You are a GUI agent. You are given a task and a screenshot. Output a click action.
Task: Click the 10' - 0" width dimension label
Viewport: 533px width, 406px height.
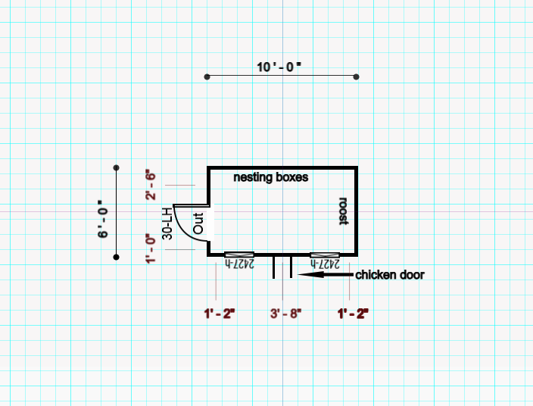pos(279,67)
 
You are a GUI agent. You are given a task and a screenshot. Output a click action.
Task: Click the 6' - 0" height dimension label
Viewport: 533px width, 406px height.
pos(103,220)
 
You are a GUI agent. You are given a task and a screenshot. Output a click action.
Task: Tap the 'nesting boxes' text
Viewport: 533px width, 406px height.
pos(270,177)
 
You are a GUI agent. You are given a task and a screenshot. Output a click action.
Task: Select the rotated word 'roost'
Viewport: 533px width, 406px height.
pos(343,211)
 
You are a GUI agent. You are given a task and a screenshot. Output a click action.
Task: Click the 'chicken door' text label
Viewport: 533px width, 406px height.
pos(390,275)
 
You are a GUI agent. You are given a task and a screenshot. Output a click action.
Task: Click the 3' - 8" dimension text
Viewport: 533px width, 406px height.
pos(285,313)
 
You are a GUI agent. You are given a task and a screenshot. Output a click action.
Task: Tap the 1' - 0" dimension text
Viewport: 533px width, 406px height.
pos(151,249)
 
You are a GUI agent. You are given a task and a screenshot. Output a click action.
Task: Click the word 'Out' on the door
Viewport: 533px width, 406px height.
pos(198,223)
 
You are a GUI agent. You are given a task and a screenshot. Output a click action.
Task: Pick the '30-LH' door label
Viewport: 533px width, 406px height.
pos(167,223)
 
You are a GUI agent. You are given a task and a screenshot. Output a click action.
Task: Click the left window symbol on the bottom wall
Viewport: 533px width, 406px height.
pos(240,255)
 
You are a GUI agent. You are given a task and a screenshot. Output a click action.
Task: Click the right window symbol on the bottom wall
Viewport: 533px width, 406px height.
pos(325,255)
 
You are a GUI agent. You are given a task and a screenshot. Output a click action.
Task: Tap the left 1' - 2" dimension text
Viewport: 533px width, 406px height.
pos(220,313)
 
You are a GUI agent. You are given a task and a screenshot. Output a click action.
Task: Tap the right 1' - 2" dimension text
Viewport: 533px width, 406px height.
pos(353,313)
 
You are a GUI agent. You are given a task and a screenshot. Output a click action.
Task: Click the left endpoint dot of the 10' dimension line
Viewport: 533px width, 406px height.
pos(207,77)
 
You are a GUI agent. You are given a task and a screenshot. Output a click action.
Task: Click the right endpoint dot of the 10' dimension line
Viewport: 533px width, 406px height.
pos(357,77)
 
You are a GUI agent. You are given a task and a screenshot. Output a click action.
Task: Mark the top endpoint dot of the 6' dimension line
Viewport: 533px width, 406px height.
pos(116,167)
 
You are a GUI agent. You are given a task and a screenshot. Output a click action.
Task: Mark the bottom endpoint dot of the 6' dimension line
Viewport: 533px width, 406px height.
pos(116,258)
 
